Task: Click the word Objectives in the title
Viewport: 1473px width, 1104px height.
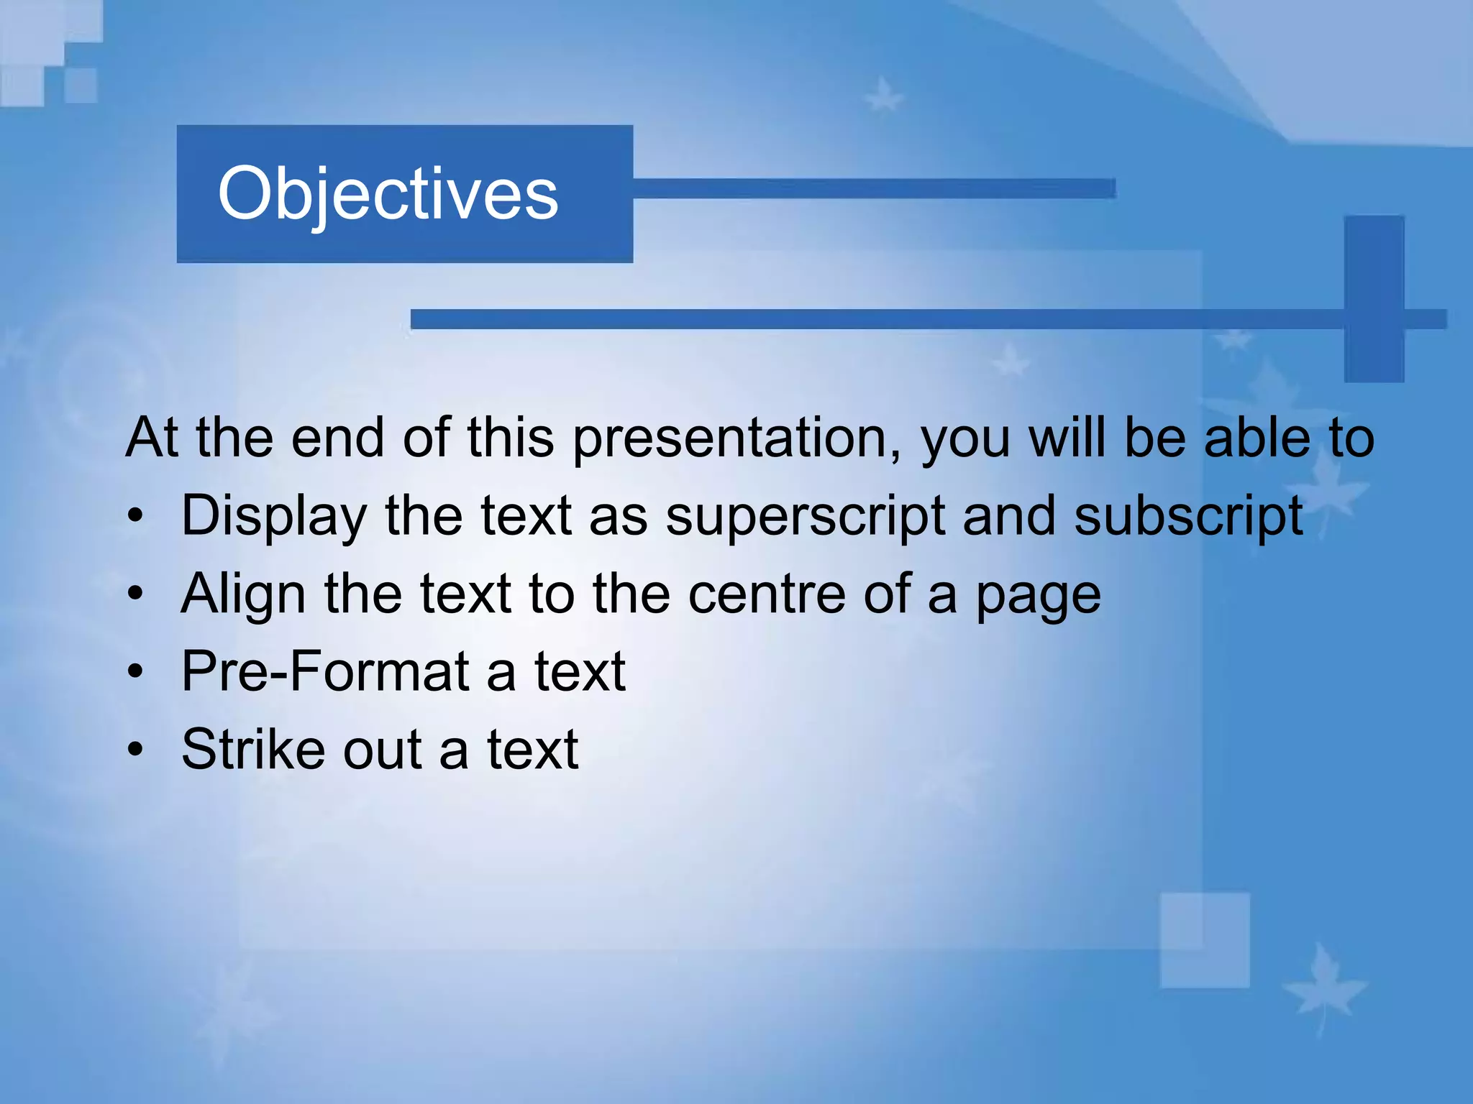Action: tap(388, 194)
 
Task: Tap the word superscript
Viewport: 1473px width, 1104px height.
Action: tap(805, 517)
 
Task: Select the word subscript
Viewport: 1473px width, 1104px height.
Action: tap(1188, 517)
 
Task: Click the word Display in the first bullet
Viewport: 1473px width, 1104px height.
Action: tap(274, 517)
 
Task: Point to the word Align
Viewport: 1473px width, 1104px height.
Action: tap(243, 595)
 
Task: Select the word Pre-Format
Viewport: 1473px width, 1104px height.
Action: tap(324, 671)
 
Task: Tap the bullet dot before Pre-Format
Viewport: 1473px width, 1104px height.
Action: tap(135, 673)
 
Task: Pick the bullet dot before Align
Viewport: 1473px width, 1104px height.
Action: tap(135, 595)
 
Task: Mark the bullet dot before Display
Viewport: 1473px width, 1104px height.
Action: tap(135, 517)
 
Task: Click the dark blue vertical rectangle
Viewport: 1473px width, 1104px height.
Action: tap(1374, 298)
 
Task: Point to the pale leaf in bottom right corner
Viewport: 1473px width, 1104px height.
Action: tap(1322, 988)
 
